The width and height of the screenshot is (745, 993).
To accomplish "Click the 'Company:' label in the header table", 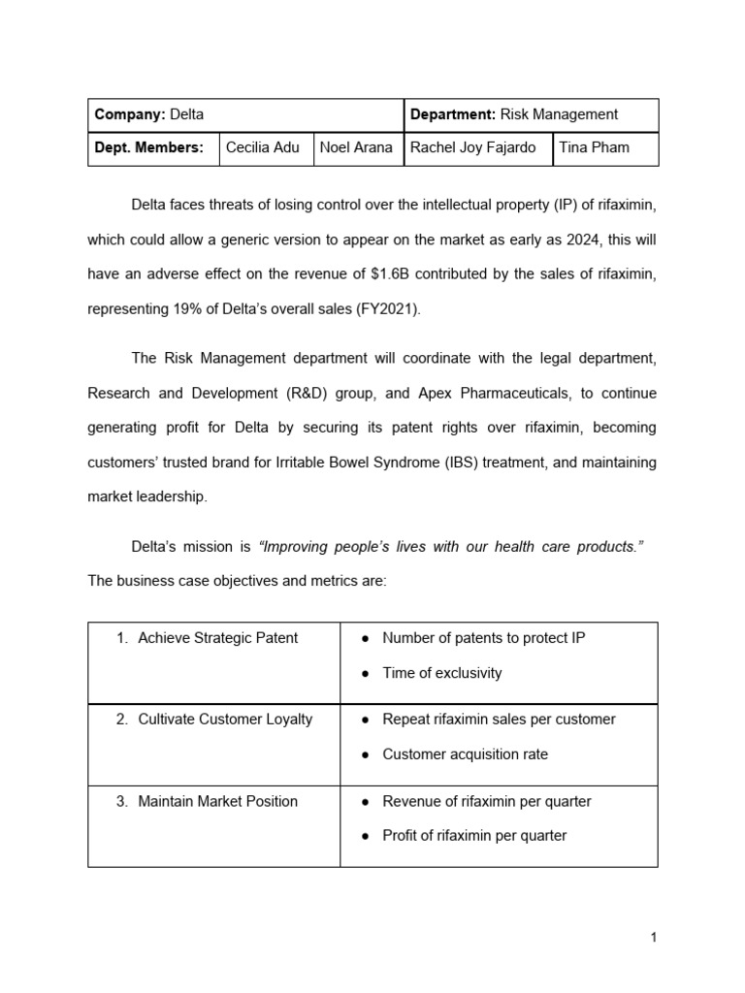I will pos(130,114).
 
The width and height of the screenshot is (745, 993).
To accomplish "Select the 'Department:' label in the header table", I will pos(453,114).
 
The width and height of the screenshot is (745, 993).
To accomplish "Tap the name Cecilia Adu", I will pos(262,147).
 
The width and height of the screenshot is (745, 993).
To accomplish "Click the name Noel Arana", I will pos(356,147).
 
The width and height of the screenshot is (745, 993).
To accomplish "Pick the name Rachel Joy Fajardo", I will pos(474,147).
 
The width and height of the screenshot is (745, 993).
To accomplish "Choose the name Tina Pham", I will pos(594,147).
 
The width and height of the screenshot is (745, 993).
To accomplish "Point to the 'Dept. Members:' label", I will pos(148,147).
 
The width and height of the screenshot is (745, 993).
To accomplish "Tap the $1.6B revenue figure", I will pos(405,273).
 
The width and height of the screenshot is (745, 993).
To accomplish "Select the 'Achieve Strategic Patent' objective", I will pos(217,638).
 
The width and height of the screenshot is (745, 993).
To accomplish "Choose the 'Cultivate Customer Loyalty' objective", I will pos(225,720).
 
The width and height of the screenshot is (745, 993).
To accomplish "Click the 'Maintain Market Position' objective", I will pos(217,801).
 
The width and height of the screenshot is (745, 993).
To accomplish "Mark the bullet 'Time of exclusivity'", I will pos(442,673).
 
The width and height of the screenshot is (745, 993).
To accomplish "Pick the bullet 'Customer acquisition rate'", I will pos(465,754).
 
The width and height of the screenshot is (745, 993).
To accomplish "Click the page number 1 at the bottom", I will pos(654,937).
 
